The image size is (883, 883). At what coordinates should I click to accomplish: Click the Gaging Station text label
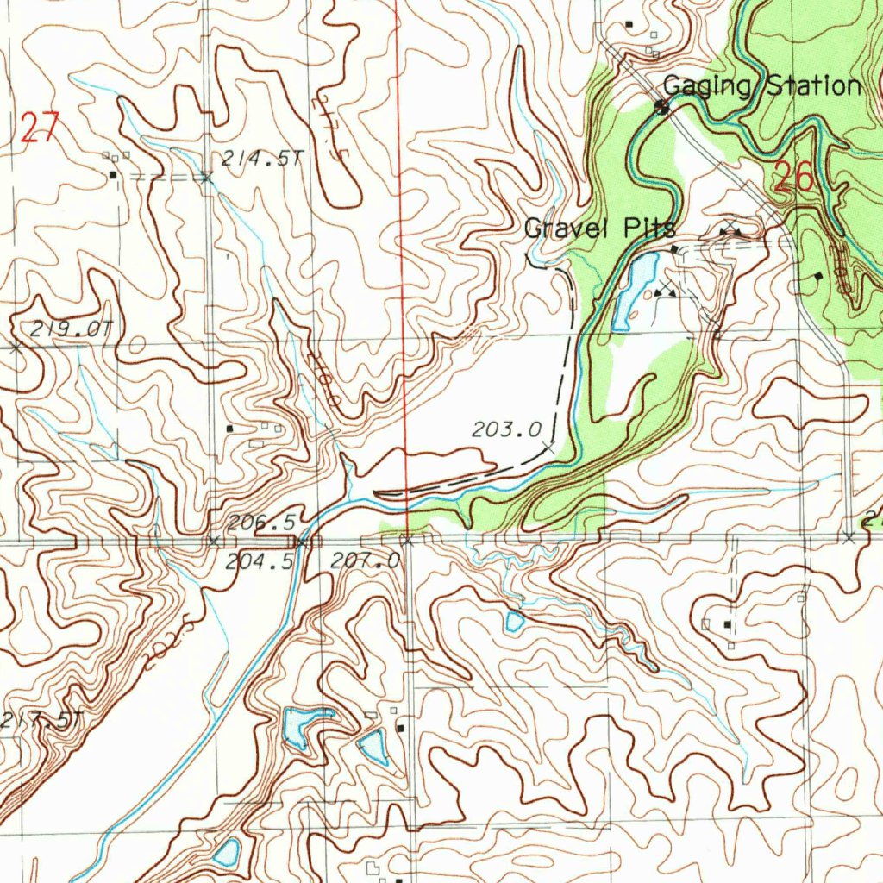coord(761,86)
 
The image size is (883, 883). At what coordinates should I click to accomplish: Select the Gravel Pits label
coord(600,229)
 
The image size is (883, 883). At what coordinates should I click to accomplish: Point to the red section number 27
coord(39,128)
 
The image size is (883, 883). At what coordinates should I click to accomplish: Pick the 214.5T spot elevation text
coord(263,158)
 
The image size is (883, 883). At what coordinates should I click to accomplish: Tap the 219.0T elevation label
coord(72,329)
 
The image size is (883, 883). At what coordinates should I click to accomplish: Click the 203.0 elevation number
coord(506,429)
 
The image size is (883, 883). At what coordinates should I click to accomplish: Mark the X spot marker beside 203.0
coord(548,448)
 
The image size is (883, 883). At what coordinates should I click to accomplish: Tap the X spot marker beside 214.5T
coord(206,178)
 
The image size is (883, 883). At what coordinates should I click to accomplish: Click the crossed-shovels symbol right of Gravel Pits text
coord(730,229)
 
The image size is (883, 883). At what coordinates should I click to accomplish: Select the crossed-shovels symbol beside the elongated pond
coord(664,291)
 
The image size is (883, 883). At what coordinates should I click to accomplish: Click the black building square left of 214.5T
coord(113,175)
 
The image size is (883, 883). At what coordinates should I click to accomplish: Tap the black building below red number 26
coord(817,277)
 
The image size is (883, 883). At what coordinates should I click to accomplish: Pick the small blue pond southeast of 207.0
coord(515,620)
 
